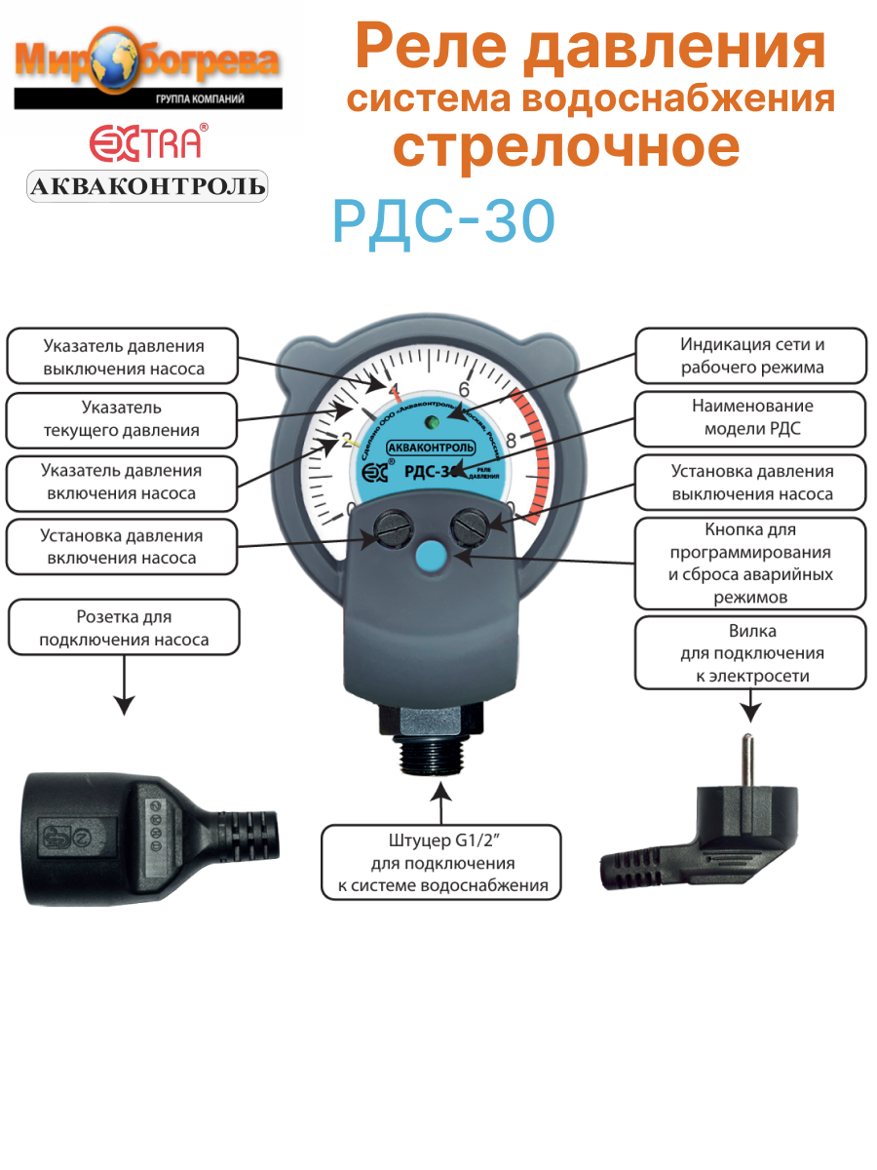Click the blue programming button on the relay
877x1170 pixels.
coord(429,557)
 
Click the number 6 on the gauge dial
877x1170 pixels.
coord(464,389)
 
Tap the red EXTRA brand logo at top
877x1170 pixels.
coord(147,142)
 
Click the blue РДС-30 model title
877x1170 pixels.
coord(443,222)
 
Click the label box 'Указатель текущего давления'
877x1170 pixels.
coord(122,419)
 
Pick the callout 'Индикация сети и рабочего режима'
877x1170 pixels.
coord(750,356)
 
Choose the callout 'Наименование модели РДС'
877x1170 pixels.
coord(750,418)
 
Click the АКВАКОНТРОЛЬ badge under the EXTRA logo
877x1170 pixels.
coord(147,186)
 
